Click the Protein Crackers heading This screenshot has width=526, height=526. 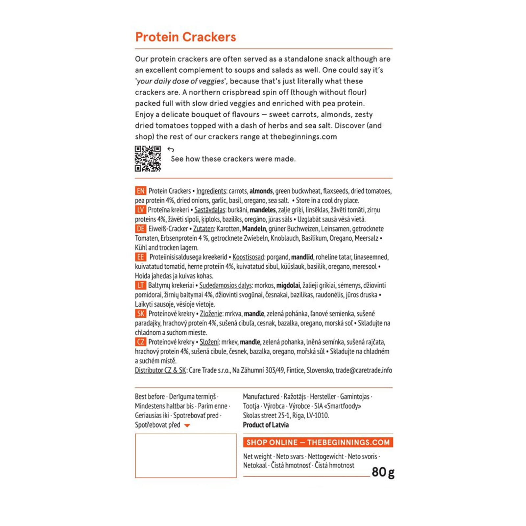pos(185,37)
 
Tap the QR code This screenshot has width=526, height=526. pos(148,159)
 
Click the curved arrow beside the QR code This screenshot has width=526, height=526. pos(171,150)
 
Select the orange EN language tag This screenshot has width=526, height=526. pos(140,191)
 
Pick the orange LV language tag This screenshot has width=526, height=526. pos(140,210)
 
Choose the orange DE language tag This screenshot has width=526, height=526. pos(140,229)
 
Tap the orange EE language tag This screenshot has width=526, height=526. pos(140,257)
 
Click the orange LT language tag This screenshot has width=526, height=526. pos(140,285)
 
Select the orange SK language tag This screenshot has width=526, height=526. pos(140,314)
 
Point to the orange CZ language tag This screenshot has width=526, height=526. pos(140,342)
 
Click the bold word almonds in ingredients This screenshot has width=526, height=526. pos(261,191)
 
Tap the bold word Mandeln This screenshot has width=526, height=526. pos(254,229)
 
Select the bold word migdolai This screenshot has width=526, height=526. pos(288,285)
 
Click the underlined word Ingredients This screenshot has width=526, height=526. pos(211,191)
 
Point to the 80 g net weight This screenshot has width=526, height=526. pos(383,472)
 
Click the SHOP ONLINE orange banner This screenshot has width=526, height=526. pos(318,442)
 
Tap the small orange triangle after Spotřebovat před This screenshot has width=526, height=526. pos(187,425)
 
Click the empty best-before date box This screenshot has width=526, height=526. pos(186,455)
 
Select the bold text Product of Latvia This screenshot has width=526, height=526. pos(266,425)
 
